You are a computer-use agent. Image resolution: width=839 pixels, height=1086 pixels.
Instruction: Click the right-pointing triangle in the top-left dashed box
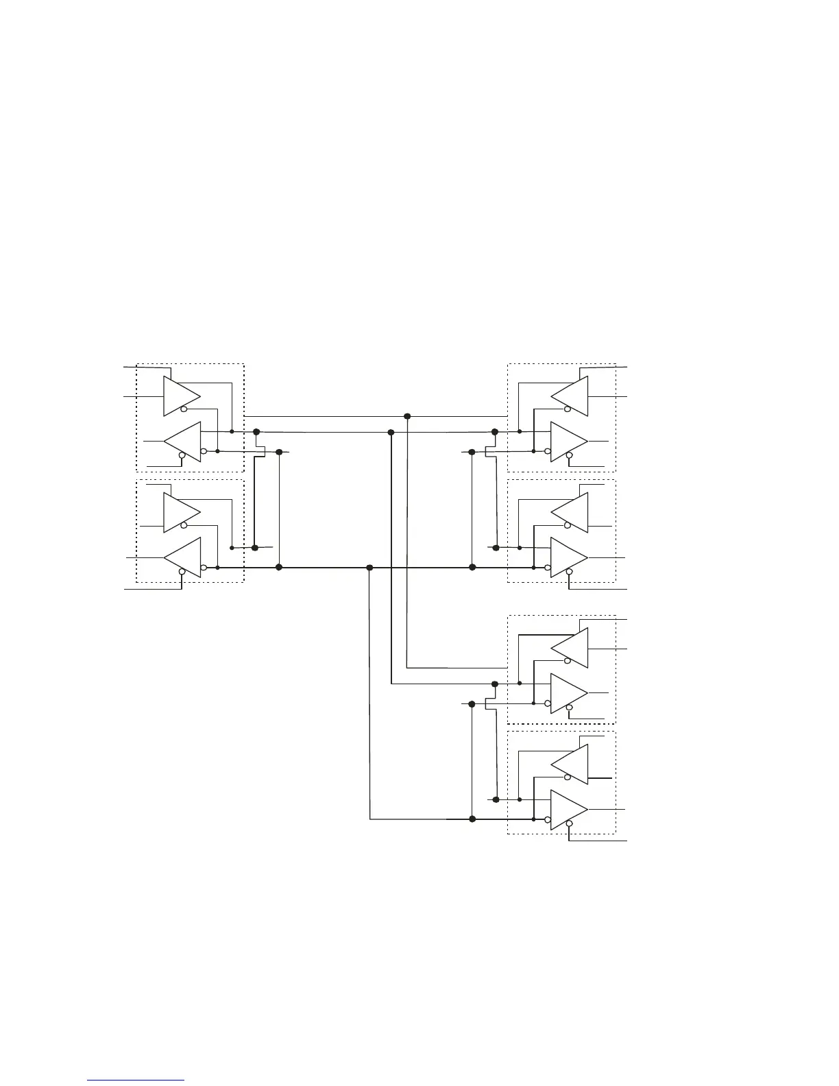pyautogui.click(x=180, y=396)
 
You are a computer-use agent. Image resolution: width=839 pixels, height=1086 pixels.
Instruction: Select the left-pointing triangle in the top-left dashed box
pyautogui.click(x=184, y=442)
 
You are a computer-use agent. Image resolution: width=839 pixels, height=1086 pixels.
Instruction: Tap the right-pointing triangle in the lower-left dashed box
pyautogui.click(x=180, y=512)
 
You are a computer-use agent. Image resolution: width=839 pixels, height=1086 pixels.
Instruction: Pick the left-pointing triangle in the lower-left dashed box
pyautogui.click(x=184, y=557)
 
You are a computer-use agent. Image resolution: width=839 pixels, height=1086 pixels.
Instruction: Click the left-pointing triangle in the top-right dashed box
pyautogui.click(x=571, y=396)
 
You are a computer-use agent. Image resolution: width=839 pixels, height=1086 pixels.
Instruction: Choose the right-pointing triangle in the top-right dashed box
pyautogui.click(x=568, y=442)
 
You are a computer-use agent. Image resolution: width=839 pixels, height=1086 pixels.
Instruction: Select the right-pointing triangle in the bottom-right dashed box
pyautogui.click(x=568, y=810)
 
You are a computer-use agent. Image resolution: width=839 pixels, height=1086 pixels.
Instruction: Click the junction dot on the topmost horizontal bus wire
pyautogui.click(x=407, y=416)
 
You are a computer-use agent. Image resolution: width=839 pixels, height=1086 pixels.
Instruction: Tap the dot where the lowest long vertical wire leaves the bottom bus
pyautogui.click(x=369, y=568)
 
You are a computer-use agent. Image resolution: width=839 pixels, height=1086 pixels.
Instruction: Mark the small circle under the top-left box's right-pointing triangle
pyautogui.click(x=184, y=409)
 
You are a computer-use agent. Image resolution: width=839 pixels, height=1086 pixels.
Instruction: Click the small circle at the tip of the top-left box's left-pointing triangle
pyautogui.click(x=204, y=451)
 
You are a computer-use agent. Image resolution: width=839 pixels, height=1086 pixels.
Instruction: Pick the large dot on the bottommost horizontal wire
pyautogui.click(x=472, y=819)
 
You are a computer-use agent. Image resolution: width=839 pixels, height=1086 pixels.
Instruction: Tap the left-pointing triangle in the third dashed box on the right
pyautogui.click(x=571, y=648)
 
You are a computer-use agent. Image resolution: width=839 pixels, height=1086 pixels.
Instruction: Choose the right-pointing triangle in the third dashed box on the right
pyautogui.click(x=568, y=693)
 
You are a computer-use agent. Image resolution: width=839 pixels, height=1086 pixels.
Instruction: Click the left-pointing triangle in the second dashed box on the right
pyautogui.click(x=571, y=512)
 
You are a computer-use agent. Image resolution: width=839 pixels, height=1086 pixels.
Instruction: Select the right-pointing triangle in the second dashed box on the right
pyautogui.click(x=568, y=557)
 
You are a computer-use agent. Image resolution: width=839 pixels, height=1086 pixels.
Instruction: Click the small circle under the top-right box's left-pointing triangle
pyautogui.click(x=568, y=409)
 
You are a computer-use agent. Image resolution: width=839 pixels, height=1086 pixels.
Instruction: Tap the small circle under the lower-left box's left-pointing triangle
pyautogui.click(x=182, y=572)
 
